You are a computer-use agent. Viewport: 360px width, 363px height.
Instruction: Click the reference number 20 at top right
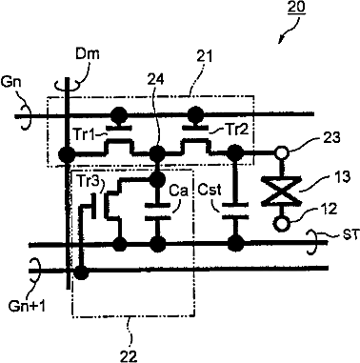pyautogui.click(x=296, y=8)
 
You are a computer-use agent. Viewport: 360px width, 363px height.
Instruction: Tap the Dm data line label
pyautogui.click(x=88, y=54)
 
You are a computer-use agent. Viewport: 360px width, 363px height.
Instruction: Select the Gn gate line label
pyautogui.click(x=10, y=82)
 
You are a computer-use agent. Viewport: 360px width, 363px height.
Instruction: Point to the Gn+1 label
pyautogui.click(x=27, y=306)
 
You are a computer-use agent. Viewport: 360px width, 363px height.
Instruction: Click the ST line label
pyautogui.click(x=350, y=235)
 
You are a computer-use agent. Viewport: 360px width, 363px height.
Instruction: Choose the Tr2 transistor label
pyautogui.click(x=237, y=130)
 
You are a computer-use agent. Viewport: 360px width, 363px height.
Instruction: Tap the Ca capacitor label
pyautogui.click(x=178, y=191)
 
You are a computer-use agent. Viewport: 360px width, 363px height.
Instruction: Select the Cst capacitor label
pyautogui.click(x=210, y=191)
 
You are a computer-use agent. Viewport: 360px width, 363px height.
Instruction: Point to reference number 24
pyautogui.click(x=155, y=79)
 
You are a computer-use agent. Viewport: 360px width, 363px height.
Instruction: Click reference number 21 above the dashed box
pyautogui.click(x=204, y=57)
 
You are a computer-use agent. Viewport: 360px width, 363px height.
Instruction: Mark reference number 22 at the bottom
pyautogui.click(x=129, y=355)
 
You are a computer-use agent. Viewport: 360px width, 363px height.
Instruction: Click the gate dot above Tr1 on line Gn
pyautogui.click(x=120, y=113)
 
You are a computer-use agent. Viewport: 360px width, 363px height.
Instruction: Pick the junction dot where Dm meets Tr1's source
pyautogui.click(x=68, y=155)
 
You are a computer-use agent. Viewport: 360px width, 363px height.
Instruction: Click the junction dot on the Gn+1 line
pyautogui.click(x=80, y=272)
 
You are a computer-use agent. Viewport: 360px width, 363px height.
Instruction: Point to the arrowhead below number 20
pyautogui.click(x=281, y=40)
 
